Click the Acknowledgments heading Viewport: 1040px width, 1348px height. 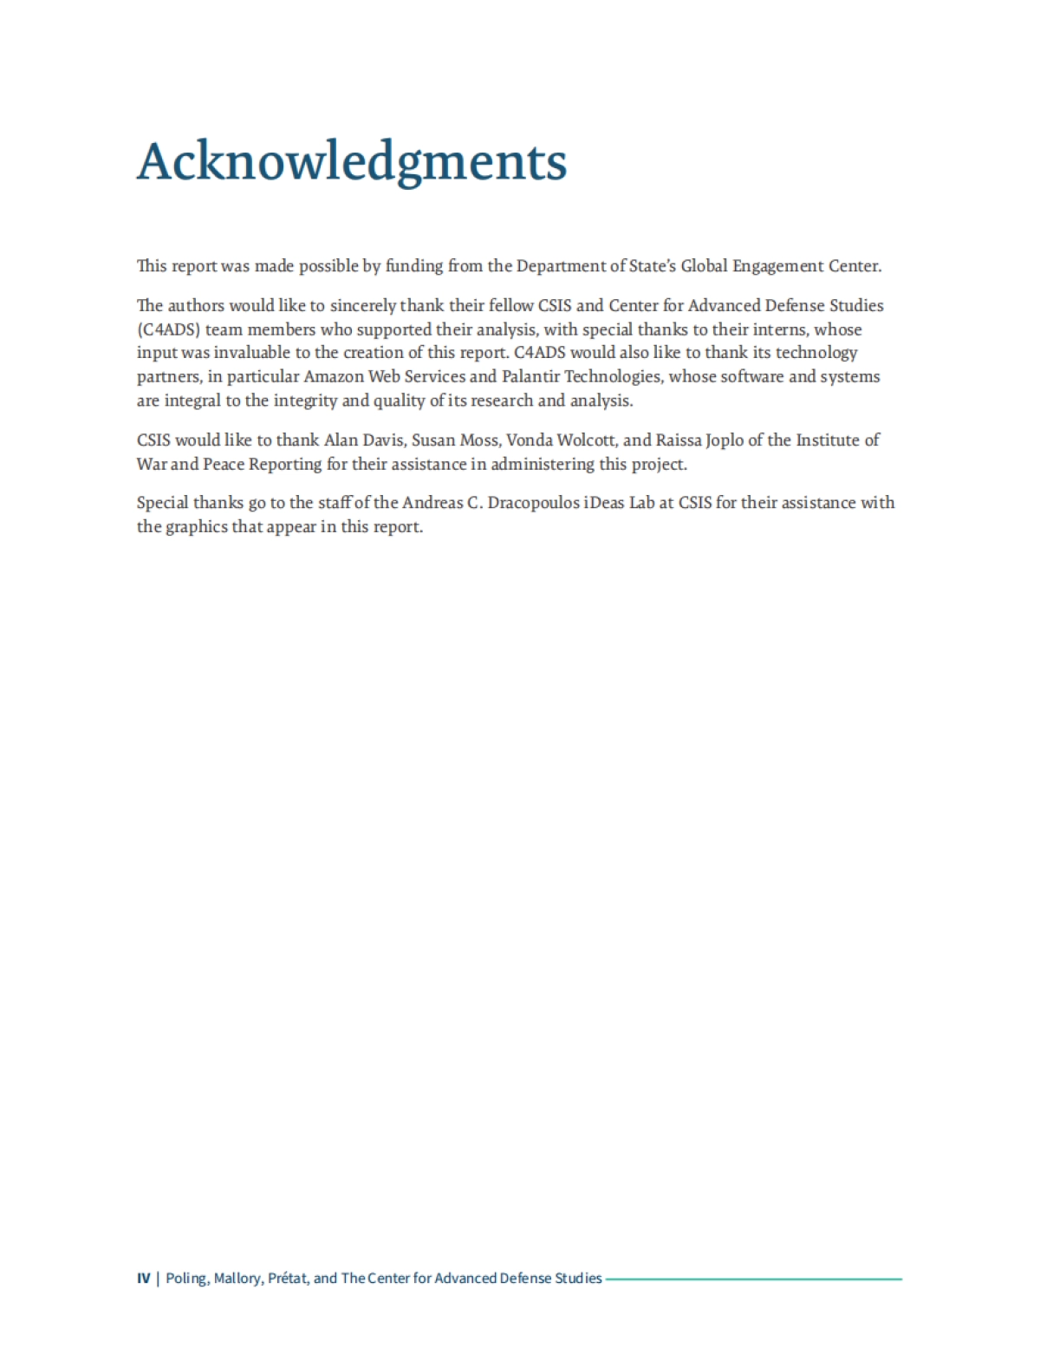pyautogui.click(x=352, y=162)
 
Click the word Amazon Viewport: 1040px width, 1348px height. pyautogui.click(x=334, y=377)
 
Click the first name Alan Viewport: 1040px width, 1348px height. pyautogui.click(x=341, y=440)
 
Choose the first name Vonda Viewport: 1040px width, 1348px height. pyautogui.click(x=529, y=440)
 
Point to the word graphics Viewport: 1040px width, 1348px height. pyautogui.click(x=195, y=527)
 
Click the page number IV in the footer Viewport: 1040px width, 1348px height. pyautogui.click(x=144, y=1279)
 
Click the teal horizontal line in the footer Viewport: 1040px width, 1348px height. pyautogui.click(x=754, y=1279)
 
